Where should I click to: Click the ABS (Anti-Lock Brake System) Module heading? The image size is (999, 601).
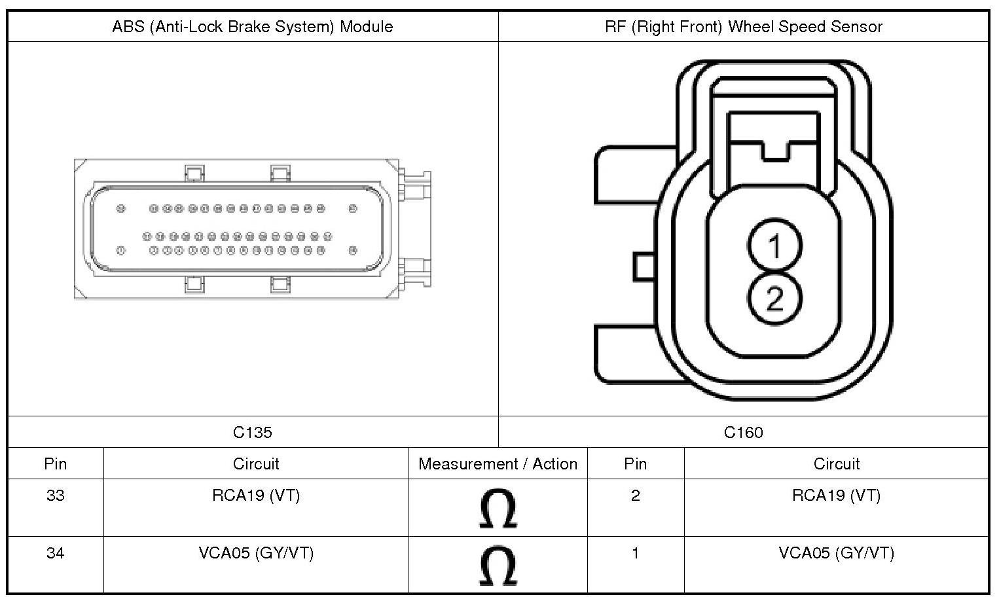(253, 27)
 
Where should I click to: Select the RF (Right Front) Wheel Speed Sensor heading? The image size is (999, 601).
(743, 27)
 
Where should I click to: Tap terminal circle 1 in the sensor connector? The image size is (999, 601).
(774, 246)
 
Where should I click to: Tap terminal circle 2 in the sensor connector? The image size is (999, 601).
(774, 299)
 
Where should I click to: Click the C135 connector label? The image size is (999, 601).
(253, 432)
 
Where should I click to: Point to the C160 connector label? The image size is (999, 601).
(743, 432)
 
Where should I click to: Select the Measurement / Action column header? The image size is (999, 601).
(498, 464)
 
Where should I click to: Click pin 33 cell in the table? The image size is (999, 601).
(56, 496)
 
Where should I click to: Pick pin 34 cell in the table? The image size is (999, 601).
(56, 553)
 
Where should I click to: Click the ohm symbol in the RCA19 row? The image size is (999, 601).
(498, 509)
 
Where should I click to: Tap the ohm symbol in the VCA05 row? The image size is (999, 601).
(498, 566)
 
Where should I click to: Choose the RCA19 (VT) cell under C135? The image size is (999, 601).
(256, 496)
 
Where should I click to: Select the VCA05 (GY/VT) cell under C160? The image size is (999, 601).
(836, 553)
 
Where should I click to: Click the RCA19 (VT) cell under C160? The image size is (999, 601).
(836, 496)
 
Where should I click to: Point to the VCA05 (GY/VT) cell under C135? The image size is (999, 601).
(256, 553)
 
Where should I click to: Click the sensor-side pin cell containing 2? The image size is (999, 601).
(635, 496)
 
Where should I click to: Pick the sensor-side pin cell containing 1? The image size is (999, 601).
(635, 553)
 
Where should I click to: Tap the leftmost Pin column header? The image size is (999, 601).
(56, 464)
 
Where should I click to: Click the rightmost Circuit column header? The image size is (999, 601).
(836, 464)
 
